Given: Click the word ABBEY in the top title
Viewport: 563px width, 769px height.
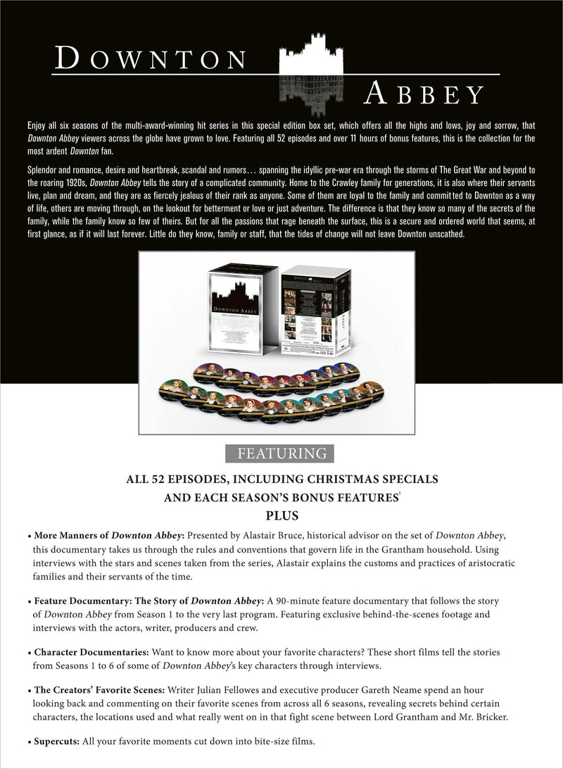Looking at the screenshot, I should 424,94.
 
